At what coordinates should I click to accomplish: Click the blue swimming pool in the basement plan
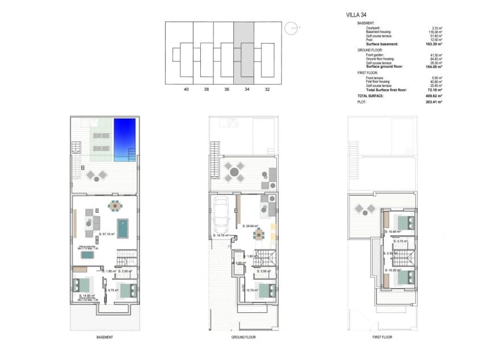point(125,138)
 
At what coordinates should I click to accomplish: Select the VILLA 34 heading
point(356,15)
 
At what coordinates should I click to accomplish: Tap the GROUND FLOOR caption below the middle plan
point(243,337)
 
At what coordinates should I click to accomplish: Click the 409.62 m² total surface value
point(434,96)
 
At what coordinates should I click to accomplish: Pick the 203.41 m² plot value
point(434,103)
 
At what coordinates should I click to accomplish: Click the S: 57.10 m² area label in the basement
point(107,234)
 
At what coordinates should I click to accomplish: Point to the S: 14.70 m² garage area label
point(221,235)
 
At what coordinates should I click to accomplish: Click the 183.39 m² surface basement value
point(434,44)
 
